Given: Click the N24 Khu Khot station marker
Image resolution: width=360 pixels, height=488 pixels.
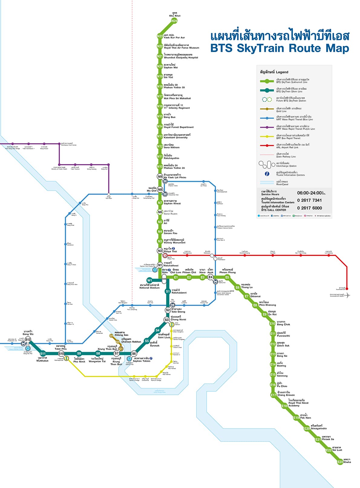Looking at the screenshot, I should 174,21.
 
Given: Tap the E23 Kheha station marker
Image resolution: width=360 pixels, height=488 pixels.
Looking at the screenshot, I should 340,462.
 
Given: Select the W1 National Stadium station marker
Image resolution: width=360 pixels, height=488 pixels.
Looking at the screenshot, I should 149,280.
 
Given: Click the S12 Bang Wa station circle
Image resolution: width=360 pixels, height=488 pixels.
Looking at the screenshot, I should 28,340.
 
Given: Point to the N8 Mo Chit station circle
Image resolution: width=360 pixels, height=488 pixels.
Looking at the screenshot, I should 160,190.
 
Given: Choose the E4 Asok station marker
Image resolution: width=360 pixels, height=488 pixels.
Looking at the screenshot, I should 211,277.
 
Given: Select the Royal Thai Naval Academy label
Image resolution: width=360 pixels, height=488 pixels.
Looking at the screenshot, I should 298,403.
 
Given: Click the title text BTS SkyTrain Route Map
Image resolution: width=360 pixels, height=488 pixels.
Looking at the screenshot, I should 280,48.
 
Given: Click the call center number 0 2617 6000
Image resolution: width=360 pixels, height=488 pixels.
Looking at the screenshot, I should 309,208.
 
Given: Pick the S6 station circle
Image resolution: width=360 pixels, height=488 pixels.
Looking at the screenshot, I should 134,354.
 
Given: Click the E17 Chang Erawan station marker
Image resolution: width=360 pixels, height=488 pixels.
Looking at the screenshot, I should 273,395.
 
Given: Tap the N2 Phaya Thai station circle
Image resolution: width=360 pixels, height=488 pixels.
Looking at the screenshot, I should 160,251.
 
